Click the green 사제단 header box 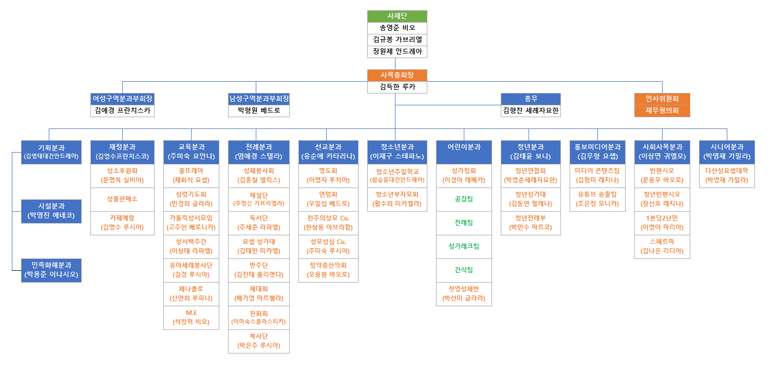point(397,16)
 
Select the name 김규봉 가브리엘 point(397,40)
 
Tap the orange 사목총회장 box point(397,75)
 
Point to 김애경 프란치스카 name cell point(122,110)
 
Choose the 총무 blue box point(531,99)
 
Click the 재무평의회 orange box point(662,110)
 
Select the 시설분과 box point(51,211)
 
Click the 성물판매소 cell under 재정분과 point(122,199)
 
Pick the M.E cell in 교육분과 point(191,318)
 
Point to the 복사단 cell point(259,341)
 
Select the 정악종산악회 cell point(328,270)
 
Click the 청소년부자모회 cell point(397,199)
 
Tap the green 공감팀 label point(464,199)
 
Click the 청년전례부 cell point(531,223)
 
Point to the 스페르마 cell point(662,247)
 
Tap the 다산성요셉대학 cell point(727,176)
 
